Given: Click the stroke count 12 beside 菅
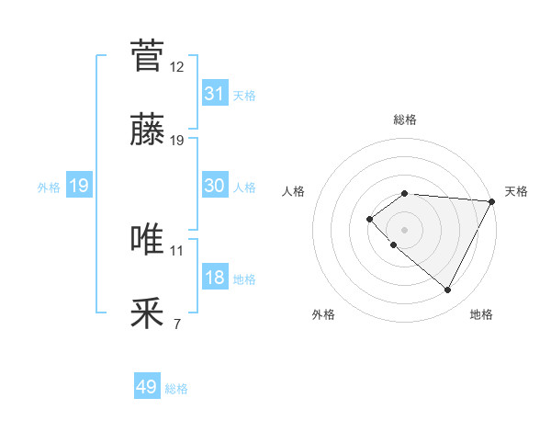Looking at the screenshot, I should click(177, 66).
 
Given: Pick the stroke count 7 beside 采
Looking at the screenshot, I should click(177, 324).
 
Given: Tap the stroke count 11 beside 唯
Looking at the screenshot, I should click(177, 250).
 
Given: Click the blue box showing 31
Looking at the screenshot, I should click(215, 94).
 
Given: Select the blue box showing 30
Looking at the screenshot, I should click(215, 186).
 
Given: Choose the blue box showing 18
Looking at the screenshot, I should click(215, 278).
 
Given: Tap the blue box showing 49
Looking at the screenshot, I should click(147, 387).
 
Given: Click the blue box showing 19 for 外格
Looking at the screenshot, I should click(79, 186).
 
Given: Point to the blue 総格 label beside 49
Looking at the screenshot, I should click(176, 389).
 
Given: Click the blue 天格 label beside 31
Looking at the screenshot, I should click(244, 95).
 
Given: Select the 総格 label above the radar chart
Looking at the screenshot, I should click(405, 119).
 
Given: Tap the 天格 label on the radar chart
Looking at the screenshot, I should click(516, 191).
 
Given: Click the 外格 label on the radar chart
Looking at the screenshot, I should click(323, 314).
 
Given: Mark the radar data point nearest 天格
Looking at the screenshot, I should click(491, 201).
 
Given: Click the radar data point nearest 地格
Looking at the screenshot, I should click(448, 290).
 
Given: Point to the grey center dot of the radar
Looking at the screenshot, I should click(405, 229).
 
